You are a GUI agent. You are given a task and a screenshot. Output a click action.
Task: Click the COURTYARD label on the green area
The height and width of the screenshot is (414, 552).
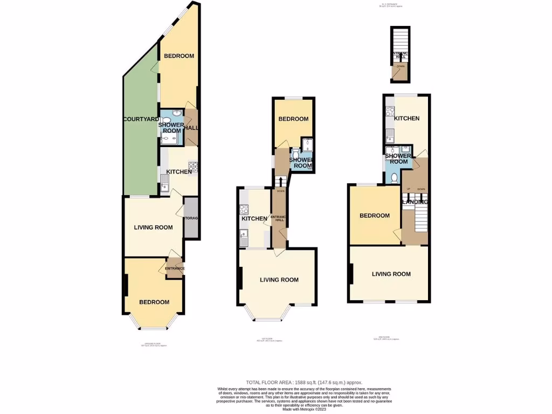140,119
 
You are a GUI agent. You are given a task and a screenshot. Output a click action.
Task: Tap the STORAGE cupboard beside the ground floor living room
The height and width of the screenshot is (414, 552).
191,219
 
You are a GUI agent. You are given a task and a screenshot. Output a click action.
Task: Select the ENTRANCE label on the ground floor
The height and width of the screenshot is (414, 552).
175,268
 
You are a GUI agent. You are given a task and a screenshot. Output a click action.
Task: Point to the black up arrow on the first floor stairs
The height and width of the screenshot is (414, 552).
280,181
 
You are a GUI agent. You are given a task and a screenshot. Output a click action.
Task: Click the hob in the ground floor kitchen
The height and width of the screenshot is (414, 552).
192,165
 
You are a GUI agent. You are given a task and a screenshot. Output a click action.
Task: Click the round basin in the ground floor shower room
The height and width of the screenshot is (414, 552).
166,121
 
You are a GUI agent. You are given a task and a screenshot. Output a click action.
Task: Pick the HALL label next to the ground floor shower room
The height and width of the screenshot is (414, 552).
191,128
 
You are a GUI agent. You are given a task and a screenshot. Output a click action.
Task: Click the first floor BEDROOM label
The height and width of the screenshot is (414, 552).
293,119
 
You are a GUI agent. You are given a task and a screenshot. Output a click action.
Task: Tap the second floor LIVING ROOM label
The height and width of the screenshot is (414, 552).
391,274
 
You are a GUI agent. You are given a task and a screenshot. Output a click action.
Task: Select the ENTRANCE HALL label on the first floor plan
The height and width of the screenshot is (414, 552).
279,218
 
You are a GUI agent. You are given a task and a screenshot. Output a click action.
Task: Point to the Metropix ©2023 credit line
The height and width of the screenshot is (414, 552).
305,409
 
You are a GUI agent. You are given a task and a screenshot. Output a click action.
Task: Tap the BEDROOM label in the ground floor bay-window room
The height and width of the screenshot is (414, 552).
154,302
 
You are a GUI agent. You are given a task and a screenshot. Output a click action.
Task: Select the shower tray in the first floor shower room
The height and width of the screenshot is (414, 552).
307,143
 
